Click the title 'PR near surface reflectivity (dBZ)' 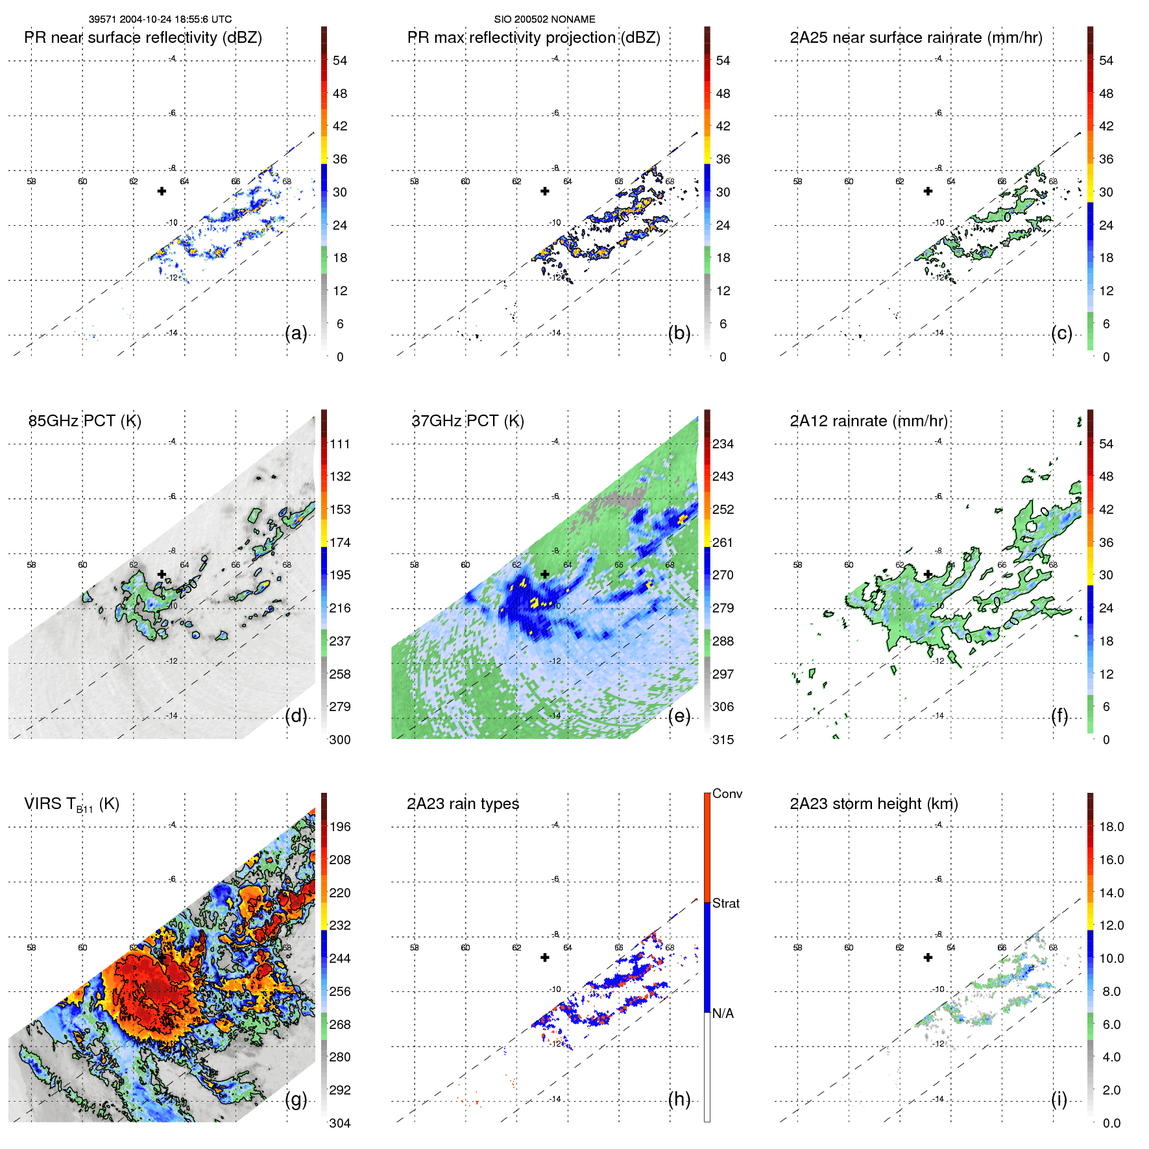pyautogui.click(x=143, y=38)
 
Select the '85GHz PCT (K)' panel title pyautogui.click(x=84, y=421)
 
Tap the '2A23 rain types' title pyautogui.click(x=463, y=804)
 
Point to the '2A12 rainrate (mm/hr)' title pyautogui.click(x=868, y=421)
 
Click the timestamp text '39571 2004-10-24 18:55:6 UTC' pyautogui.click(x=160, y=19)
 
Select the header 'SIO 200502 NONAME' pyautogui.click(x=544, y=19)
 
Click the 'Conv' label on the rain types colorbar pyautogui.click(x=727, y=793)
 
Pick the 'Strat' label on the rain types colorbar pyautogui.click(x=725, y=903)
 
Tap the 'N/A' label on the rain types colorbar pyautogui.click(x=723, y=1013)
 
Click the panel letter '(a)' pyautogui.click(x=296, y=333)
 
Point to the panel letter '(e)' pyautogui.click(x=679, y=716)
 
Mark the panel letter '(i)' pyautogui.click(x=1059, y=1099)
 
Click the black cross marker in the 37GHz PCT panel pyautogui.click(x=545, y=574)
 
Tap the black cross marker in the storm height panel pyautogui.click(x=928, y=958)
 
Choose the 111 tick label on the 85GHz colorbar pyautogui.click(x=340, y=444)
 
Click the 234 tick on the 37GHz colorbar pyautogui.click(x=723, y=444)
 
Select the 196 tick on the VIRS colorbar pyautogui.click(x=340, y=827)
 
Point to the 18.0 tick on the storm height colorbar pyautogui.click(x=1111, y=827)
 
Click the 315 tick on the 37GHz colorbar pyautogui.click(x=723, y=740)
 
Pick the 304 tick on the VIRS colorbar pyautogui.click(x=340, y=1123)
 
